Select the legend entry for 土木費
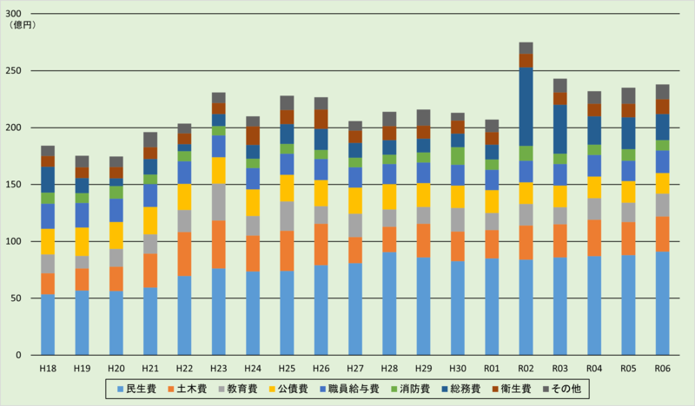coord(184,389)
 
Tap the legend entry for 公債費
coord(293,389)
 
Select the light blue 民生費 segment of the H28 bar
coord(389,304)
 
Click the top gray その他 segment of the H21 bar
coord(150,140)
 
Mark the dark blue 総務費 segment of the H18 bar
coord(48,180)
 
